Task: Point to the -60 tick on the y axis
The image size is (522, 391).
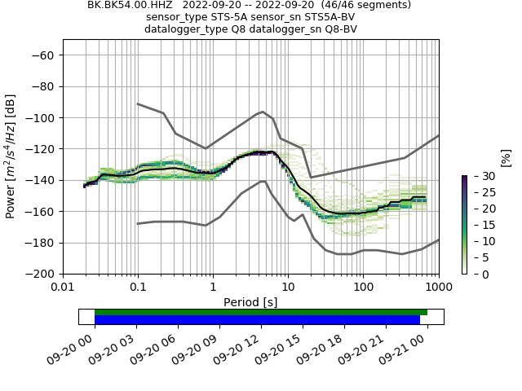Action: tap(46, 55)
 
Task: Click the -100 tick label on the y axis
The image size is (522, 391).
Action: tap(42, 118)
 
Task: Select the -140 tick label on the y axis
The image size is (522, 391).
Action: tap(42, 180)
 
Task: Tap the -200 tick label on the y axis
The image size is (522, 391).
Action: tap(42, 275)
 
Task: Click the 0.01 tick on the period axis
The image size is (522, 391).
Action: tap(63, 287)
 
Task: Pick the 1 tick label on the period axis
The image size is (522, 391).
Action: tap(213, 287)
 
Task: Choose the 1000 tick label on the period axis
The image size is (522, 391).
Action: tap(438, 287)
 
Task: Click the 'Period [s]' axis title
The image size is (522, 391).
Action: tap(250, 302)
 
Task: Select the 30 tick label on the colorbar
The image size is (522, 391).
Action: tap(480, 176)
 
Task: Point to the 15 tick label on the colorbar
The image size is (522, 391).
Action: tap(480, 225)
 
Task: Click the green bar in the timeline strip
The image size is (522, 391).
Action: tap(261, 312)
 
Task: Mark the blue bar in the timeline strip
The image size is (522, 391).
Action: tap(257, 320)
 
